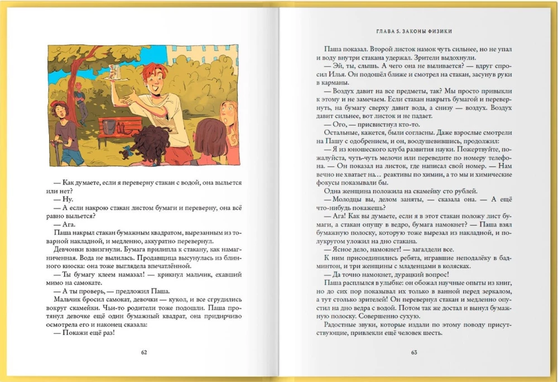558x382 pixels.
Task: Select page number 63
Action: (413, 352)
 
